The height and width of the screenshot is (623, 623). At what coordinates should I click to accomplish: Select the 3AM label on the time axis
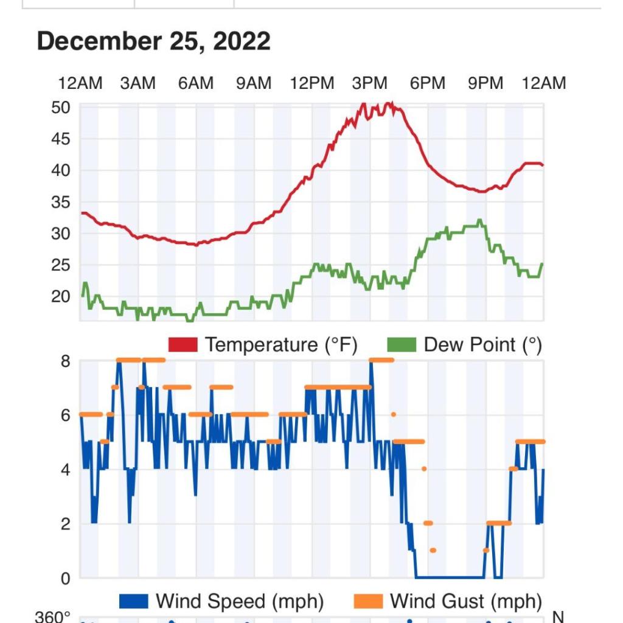[x=137, y=83]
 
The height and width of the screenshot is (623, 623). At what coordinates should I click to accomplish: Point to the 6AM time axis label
[x=196, y=83]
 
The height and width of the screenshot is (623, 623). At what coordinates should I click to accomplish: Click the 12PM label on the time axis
[x=311, y=83]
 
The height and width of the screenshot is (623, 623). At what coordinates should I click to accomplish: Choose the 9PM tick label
[x=486, y=83]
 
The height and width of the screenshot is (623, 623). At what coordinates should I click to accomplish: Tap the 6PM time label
[x=427, y=83]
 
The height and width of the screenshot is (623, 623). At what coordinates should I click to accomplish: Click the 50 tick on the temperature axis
[x=61, y=108]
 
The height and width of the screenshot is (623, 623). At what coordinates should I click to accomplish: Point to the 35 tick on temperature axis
[x=61, y=202]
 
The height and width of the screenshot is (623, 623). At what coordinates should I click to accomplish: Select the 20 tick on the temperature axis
[x=61, y=296]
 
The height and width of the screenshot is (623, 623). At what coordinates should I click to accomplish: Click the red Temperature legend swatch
[x=183, y=345]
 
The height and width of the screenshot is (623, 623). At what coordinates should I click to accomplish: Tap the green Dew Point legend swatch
[x=402, y=345]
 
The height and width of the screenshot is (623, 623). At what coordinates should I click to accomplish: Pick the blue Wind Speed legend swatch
[x=133, y=602]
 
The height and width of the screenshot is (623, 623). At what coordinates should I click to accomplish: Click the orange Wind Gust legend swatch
[x=367, y=602]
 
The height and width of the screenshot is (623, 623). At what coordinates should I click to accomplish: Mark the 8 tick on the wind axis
[x=65, y=361]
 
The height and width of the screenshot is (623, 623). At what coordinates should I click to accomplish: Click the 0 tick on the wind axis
[x=65, y=578]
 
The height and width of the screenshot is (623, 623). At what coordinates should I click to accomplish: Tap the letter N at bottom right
[x=558, y=617]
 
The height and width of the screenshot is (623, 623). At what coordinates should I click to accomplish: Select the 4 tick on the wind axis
[x=65, y=470]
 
